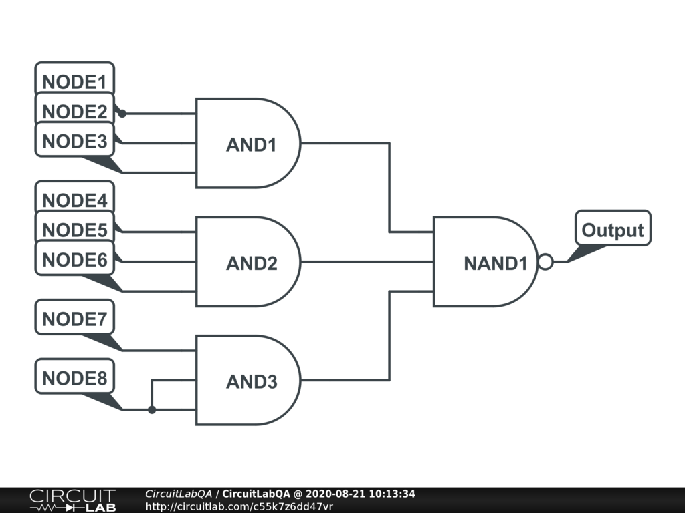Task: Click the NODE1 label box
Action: click(x=74, y=81)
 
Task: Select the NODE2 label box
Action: click(x=74, y=111)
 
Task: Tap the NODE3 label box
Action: click(x=74, y=141)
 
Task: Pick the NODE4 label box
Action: click(x=74, y=200)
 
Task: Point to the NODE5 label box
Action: click(x=74, y=230)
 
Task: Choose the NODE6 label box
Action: click(x=74, y=259)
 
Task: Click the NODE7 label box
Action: click(x=74, y=319)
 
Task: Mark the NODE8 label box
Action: click(x=74, y=378)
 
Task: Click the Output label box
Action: click(x=612, y=230)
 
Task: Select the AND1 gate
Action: click(x=248, y=144)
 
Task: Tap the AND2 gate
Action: click(x=248, y=262)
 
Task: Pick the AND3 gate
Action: click(x=248, y=381)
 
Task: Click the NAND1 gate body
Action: click(x=485, y=262)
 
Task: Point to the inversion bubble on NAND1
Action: click(x=545, y=262)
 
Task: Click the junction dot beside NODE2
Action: click(x=122, y=114)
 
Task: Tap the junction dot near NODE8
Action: click(x=152, y=409)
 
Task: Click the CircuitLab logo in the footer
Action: click(x=72, y=500)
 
